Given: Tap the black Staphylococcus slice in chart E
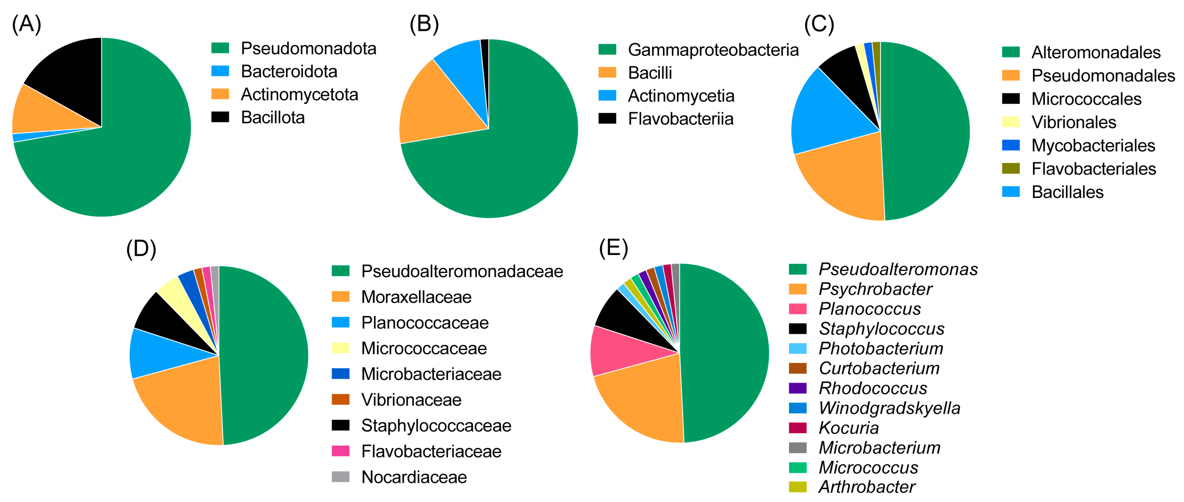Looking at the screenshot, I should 627,317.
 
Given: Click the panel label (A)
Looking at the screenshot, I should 27,24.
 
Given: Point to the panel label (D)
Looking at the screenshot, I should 141,249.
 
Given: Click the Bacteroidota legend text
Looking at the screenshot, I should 289,71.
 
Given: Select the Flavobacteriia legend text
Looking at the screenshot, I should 680,119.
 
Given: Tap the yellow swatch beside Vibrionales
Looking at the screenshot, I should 1011,122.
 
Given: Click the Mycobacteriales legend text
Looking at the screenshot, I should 1093,146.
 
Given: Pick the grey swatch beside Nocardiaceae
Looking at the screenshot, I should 341,477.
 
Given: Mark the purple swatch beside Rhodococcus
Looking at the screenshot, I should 797,388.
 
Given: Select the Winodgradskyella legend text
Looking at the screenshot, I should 890,408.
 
